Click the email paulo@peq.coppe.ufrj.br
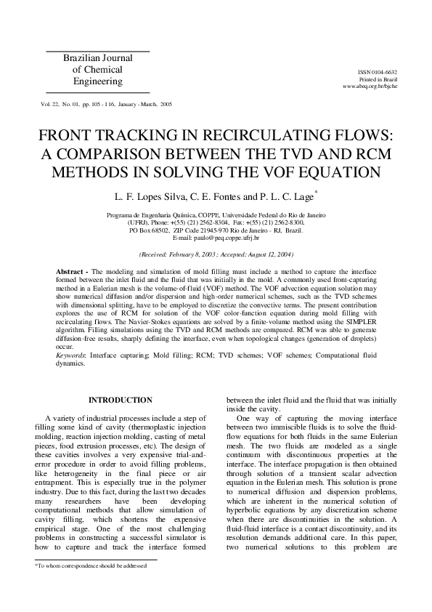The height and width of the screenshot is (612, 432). pos(216,238)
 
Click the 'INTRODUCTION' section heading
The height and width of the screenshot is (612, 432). pos(120,400)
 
